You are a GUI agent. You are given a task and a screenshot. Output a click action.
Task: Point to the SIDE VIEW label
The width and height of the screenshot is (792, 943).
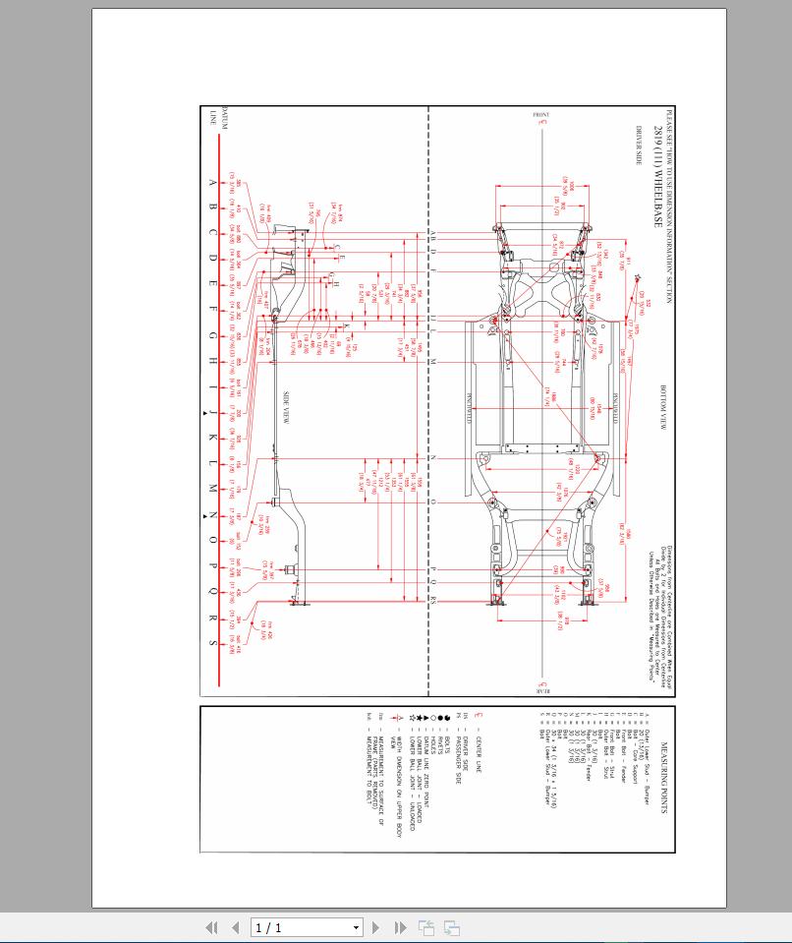286,408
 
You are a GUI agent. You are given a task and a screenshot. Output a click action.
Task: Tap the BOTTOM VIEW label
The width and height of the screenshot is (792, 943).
664,404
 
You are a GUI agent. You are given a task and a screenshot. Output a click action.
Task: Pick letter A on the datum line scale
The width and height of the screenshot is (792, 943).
213,182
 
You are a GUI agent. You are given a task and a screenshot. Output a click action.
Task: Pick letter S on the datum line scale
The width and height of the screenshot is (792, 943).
213,643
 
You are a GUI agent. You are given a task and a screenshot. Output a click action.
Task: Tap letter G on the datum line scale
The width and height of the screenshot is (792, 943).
213,334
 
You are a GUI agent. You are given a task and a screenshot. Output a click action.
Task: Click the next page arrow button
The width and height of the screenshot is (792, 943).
375,927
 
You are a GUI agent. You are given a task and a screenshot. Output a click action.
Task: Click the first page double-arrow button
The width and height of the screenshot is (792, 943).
210,927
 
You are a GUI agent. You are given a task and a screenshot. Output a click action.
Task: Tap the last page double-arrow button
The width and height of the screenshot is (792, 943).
400,927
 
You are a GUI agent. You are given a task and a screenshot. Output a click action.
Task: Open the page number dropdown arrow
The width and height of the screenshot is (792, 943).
357,927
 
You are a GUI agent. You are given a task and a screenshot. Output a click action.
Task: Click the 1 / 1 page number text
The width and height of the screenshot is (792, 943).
268,927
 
